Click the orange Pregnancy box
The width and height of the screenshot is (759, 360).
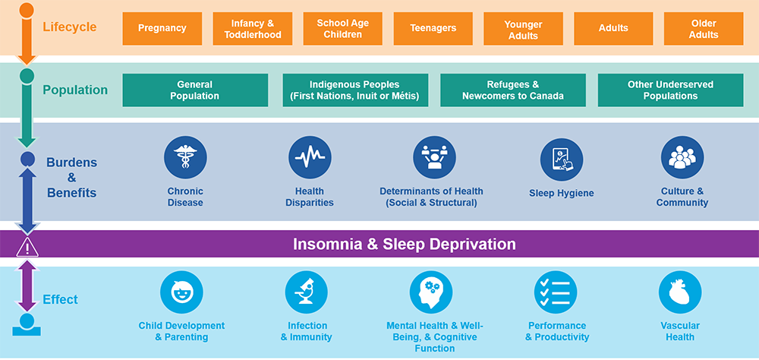pos(162,29)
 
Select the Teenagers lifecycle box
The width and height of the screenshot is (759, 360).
pos(433,29)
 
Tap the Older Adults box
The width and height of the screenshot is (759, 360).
pos(704,29)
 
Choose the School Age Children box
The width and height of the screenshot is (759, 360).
pos(343,29)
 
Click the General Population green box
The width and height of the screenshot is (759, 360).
pos(195,90)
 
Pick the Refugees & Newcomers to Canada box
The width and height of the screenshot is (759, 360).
pos(513,90)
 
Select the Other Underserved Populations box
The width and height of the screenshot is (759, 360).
pos(670,90)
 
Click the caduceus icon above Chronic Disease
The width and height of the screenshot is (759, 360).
pos(185,157)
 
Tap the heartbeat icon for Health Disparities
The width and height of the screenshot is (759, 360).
pos(310,157)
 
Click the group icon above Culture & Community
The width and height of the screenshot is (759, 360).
pos(682,157)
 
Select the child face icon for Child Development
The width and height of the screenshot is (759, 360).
pos(181,292)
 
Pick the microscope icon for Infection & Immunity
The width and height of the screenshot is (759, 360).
pos(307,292)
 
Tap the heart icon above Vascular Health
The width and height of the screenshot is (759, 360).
pos(680,292)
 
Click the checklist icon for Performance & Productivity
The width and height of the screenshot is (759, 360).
pos(556,292)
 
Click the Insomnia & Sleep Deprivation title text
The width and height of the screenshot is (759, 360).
pos(405,244)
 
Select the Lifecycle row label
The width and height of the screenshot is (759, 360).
pos(70,27)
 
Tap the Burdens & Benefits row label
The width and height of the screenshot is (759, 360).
pos(71,177)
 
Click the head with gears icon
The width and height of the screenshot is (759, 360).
pos(431,292)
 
